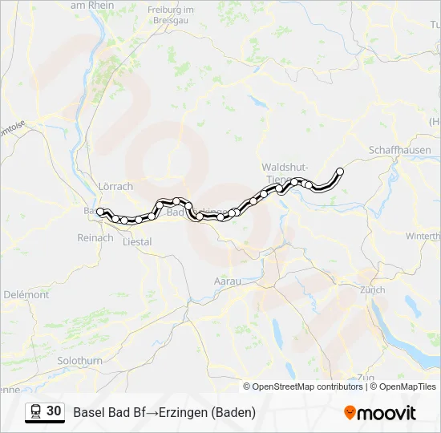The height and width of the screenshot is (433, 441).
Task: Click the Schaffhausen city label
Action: point(399,150)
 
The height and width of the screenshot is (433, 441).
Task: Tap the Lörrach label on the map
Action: point(115,186)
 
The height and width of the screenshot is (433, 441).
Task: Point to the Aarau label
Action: point(228,281)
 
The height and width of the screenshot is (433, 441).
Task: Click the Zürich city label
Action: point(372,289)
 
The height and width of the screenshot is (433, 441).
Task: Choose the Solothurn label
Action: point(80,361)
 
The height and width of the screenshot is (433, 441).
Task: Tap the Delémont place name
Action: point(26,294)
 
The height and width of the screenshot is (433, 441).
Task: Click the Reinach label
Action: point(95,237)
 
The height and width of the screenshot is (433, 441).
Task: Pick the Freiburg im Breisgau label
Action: point(172,14)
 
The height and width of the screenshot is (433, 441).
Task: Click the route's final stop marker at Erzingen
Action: point(340,171)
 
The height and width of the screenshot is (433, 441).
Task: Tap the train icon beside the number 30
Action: point(36,411)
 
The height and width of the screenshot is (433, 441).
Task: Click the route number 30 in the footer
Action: point(54,411)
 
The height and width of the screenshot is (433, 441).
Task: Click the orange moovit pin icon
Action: point(350,412)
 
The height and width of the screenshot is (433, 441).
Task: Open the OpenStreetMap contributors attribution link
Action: point(307,386)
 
